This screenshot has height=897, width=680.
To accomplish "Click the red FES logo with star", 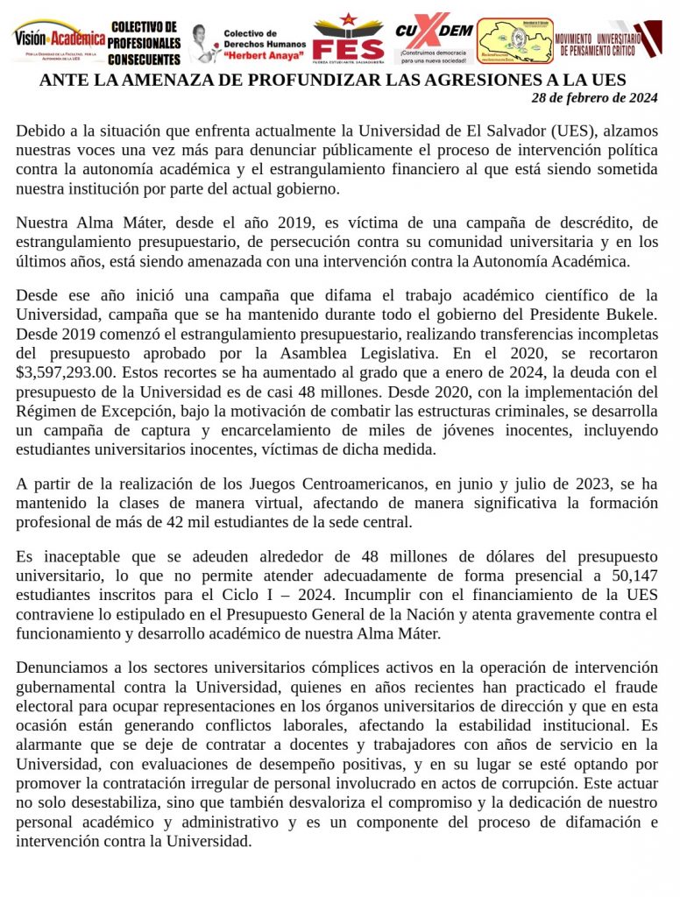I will click(348, 39).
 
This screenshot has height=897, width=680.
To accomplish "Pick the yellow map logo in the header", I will click(514, 41).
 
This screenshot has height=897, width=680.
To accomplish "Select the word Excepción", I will click(145, 431).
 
